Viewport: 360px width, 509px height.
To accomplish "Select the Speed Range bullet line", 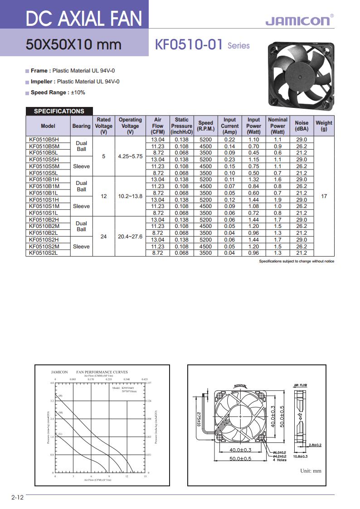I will (x=58, y=92).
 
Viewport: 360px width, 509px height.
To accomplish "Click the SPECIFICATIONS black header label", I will (x=59, y=111).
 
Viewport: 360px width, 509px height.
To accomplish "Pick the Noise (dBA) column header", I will (x=302, y=126).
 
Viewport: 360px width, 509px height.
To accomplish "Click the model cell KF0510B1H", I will (x=44, y=179).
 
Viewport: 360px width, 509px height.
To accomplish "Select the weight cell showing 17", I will (x=324, y=196).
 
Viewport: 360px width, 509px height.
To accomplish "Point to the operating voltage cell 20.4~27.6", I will (x=130, y=236).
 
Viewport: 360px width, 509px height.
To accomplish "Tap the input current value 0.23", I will (x=229, y=160).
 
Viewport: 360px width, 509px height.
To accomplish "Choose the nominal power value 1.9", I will (x=277, y=199).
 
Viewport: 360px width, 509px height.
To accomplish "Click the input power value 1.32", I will (x=253, y=179).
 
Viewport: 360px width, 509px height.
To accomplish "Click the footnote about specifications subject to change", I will (x=297, y=262).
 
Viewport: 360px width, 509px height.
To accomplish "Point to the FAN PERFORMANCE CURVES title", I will (x=102, y=372).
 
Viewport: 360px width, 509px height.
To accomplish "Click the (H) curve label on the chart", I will (x=60, y=396).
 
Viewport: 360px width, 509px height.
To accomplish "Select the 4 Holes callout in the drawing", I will (x=280, y=460).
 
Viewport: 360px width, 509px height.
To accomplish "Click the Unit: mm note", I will (x=311, y=470).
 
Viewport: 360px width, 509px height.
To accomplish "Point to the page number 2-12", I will (x=17, y=498).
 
